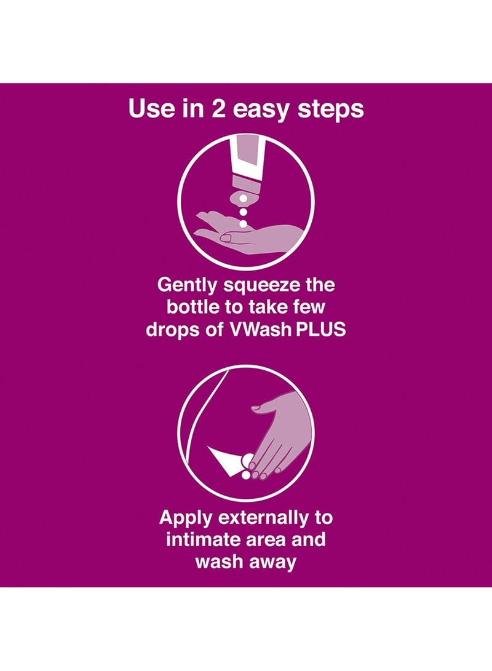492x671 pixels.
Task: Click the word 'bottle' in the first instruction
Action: (188, 307)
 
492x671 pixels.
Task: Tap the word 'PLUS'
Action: (322, 328)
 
